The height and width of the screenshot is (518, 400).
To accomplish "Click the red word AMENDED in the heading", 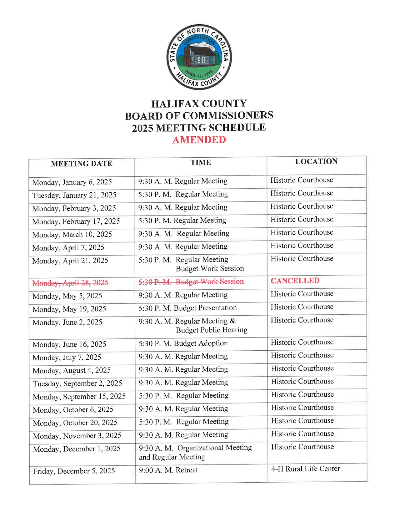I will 199,140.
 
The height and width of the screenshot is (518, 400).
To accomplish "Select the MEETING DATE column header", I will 82,164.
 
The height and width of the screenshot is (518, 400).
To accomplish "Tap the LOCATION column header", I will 316,161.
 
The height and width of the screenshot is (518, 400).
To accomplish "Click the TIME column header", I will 201,163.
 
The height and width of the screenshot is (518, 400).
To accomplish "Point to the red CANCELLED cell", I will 295,281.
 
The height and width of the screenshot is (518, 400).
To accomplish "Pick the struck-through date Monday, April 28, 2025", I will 70,283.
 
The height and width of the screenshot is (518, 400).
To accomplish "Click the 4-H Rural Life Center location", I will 305,469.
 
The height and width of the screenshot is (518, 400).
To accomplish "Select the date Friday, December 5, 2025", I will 74,471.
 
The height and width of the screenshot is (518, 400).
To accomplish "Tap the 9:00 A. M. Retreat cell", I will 168,470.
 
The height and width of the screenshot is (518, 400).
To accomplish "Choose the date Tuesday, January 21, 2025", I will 74,195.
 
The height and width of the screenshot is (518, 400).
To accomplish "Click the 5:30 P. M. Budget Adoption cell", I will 183,343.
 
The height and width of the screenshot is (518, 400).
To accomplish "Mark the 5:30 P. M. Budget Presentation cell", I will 187,308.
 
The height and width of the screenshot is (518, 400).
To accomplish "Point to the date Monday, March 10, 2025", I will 72,234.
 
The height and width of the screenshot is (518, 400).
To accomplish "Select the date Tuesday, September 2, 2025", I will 77,383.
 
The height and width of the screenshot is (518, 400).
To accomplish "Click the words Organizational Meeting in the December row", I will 214,448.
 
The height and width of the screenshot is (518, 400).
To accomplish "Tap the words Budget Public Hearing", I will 212,330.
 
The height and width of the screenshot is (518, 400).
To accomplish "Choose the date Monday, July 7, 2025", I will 67,357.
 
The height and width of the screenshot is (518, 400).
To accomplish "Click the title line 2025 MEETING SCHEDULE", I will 199,128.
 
